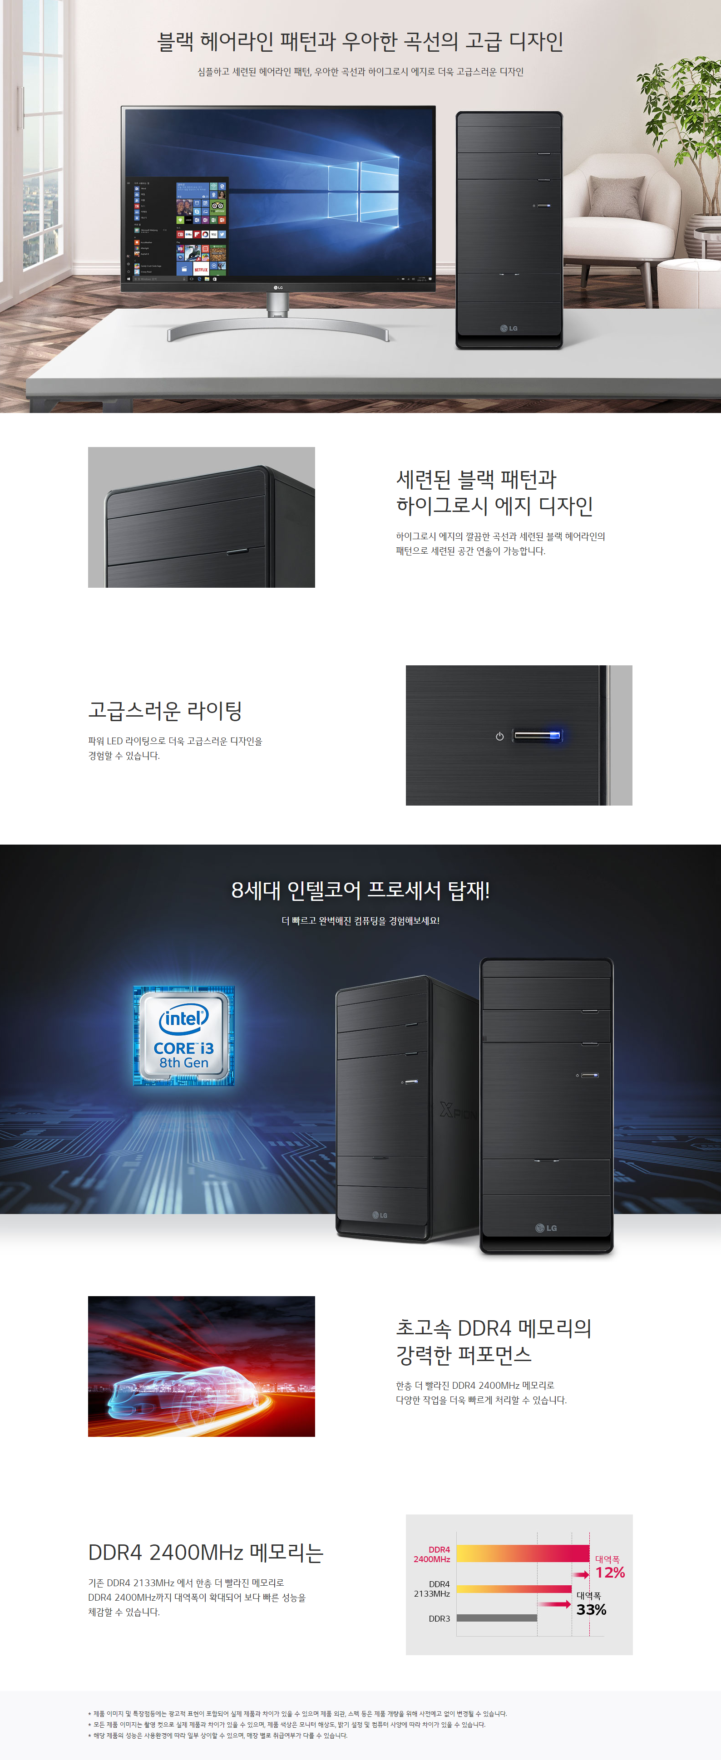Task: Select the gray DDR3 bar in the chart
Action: tap(497, 1617)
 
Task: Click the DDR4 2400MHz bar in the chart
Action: tap(523, 1553)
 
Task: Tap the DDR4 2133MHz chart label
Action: tap(431, 1588)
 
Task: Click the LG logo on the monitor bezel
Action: tap(278, 288)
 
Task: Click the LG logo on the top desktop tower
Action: tap(509, 328)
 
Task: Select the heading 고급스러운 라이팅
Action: tap(165, 711)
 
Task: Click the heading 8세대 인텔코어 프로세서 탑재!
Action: tap(360, 890)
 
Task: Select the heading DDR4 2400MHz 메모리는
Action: tap(206, 1552)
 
